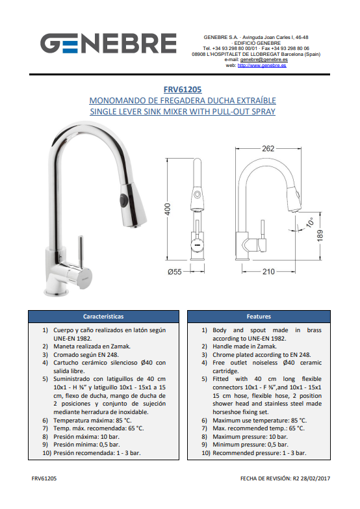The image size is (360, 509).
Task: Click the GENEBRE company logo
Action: [x=108, y=43]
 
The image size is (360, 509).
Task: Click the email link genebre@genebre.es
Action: [x=264, y=60]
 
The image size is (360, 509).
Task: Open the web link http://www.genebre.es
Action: [x=262, y=65]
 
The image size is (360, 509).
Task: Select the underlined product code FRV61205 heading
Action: [x=183, y=90]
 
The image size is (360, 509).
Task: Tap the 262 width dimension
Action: [x=268, y=148]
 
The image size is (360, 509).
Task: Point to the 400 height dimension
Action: [x=168, y=209]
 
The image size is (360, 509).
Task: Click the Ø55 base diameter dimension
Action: [x=175, y=272]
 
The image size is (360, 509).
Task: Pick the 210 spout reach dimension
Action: [x=268, y=271]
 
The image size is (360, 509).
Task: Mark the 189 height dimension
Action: [x=320, y=235]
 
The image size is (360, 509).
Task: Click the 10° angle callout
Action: [x=310, y=222]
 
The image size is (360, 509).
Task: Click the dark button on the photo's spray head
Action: [x=123, y=199]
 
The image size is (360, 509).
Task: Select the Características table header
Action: [x=103, y=317]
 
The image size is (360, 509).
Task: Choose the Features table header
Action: [x=259, y=317]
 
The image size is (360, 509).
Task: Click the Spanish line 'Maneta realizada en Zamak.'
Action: [x=92, y=346]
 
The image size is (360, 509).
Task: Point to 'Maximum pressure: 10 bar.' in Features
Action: [x=250, y=437]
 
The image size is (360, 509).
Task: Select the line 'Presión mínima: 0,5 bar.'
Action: [x=86, y=445]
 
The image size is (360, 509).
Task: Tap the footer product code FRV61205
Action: [x=44, y=478]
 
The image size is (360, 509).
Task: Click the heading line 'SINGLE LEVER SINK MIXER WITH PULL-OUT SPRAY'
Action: [x=183, y=112]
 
